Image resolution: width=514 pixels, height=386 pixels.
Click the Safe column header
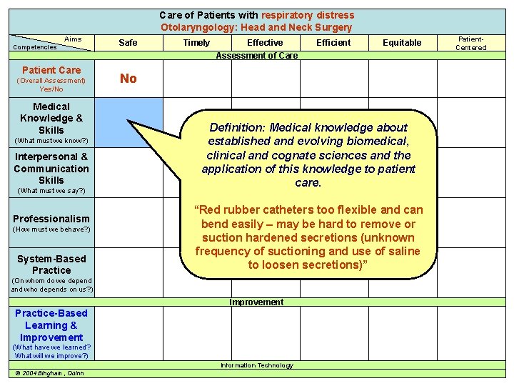[128, 43]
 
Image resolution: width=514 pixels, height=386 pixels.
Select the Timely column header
[196, 43]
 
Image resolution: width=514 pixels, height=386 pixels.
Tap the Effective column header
[265, 43]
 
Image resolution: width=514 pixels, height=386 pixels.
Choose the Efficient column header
[333, 43]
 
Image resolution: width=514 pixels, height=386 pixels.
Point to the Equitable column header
[402, 43]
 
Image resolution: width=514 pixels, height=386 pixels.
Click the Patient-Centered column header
[470, 43]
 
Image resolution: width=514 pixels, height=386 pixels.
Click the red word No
[128, 79]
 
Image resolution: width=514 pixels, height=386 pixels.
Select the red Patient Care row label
[51, 70]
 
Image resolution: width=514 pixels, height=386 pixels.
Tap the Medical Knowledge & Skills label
[51, 119]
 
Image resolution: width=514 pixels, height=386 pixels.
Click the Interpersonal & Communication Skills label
[51, 169]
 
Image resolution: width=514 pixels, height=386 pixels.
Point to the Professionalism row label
[51, 219]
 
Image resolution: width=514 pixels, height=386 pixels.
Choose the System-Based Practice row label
[51, 264]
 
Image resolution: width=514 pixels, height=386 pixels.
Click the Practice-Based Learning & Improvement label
[51, 325]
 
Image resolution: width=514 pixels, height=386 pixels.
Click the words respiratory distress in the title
[308, 15]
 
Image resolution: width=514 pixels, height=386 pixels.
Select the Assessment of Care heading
[256, 56]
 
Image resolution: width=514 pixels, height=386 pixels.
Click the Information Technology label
[256, 365]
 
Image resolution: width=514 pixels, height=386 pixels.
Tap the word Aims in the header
[73, 39]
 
